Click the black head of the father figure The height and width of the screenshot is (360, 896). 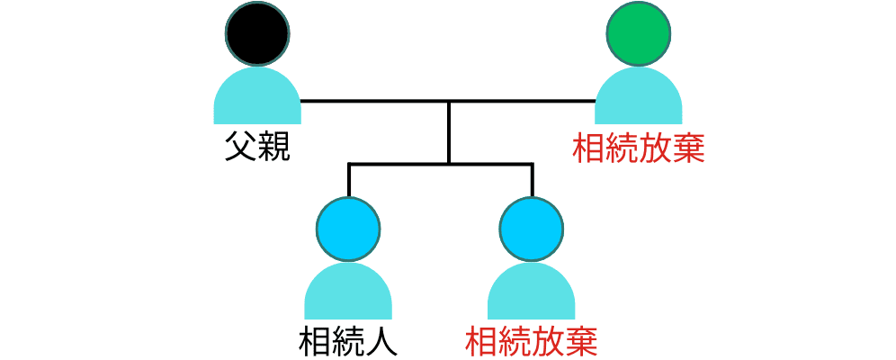(x=257, y=32)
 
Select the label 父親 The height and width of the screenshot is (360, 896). (x=257, y=147)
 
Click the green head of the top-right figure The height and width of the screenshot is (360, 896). (x=639, y=32)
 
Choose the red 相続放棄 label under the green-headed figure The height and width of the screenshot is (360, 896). (x=639, y=148)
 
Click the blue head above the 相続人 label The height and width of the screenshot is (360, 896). (x=348, y=227)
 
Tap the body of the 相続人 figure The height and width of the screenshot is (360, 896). (x=348, y=293)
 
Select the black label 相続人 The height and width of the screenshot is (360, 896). (x=348, y=342)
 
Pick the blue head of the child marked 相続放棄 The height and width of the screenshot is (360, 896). (x=532, y=227)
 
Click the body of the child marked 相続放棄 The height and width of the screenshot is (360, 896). (x=532, y=293)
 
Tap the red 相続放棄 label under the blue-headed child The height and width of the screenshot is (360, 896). (x=532, y=342)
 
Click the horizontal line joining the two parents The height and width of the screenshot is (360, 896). (x=378, y=101)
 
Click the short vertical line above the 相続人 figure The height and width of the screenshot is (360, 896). (x=348, y=180)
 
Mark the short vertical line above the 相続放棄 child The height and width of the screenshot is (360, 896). (x=532, y=180)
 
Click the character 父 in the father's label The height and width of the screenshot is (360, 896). (x=240, y=147)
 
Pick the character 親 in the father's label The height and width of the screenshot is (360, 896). (x=273, y=147)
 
